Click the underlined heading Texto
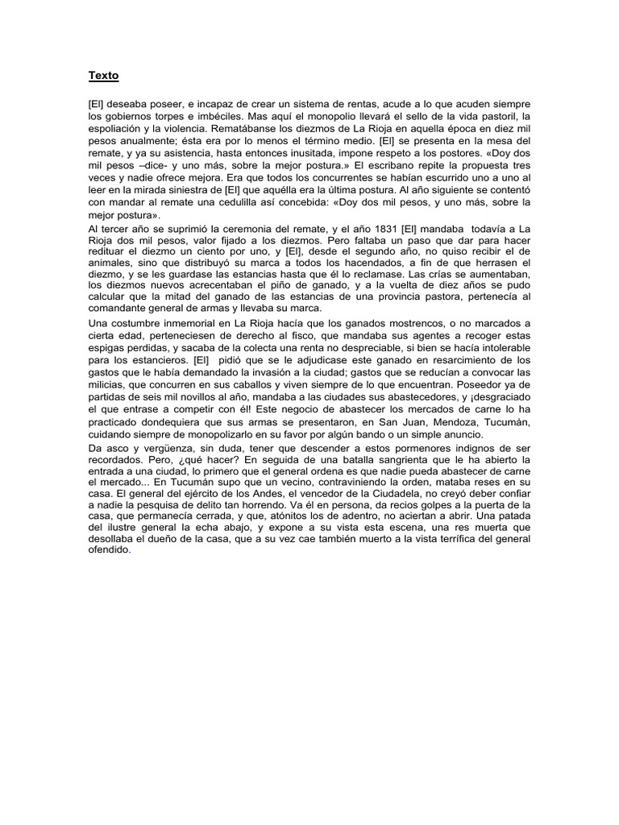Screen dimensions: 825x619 click(x=103, y=76)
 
